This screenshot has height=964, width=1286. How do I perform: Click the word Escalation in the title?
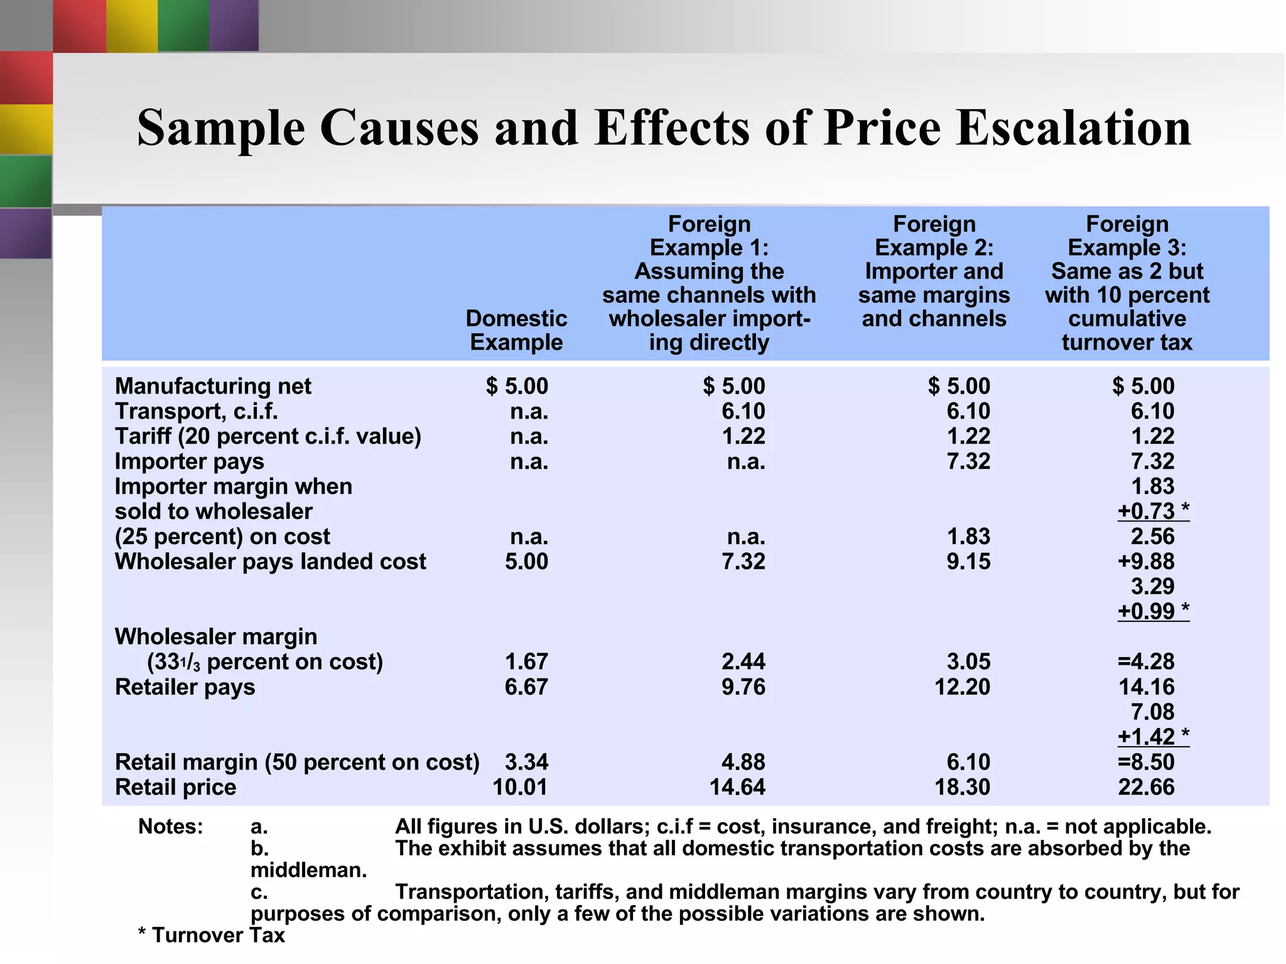(x=1073, y=127)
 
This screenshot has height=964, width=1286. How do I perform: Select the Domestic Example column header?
(x=516, y=330)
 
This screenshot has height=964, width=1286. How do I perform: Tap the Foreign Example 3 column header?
(x=1127, y=283)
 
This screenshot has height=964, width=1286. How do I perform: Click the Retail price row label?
(x=175, y=787)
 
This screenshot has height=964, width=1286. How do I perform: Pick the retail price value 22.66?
(x=1145, y=787)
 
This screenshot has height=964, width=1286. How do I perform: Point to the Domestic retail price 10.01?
(x=520, y=787)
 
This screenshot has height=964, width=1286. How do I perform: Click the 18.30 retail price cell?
(x=962, y=787)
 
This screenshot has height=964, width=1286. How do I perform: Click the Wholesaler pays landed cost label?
(x=270, y=561)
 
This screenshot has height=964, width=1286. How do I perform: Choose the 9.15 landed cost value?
(x=968, y=561)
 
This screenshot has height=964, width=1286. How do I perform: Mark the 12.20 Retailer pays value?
(x=962, y=687)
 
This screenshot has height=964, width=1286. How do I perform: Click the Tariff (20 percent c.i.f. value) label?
(x=267, y=436)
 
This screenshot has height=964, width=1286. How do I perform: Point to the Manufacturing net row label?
(x=213, y=386)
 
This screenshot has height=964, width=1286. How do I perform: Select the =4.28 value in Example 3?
(x=1145, y=661)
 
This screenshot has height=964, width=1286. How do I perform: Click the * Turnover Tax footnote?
(x=212, y=935)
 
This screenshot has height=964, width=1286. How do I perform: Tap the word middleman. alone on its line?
(x=308, y=870)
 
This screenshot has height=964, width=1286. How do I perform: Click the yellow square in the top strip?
(x=132, y=25)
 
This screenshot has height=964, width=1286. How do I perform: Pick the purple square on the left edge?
(x=26, y=233)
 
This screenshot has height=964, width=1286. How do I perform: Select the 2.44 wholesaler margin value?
(x=743, y=661)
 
